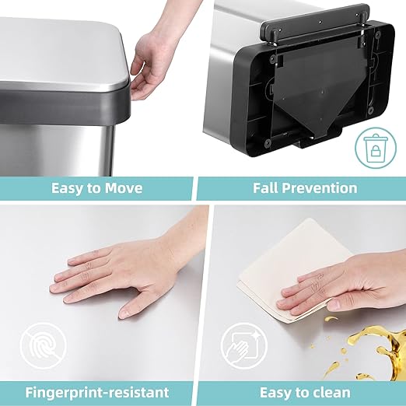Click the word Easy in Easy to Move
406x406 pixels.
tap(68, 187)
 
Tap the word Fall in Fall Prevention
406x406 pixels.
tap(267, 187)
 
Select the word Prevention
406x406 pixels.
tap(320, 187)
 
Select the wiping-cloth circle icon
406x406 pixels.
tap(242, 343)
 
